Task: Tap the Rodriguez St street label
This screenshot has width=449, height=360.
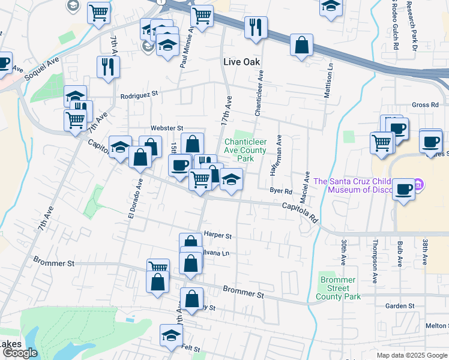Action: pyautogui.click(x=138, y=94)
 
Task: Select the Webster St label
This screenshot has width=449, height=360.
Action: pyautogui.click(x=166, y=128)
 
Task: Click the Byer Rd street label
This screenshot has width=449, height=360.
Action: pyautogui.click(x=280, y=191)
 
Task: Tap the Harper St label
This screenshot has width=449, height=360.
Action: pyautogui.click(x=217, y=236)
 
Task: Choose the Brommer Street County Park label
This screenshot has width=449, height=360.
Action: pyautogui.click(x=339, y=288)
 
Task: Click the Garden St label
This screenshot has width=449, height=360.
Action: pyautogui.click(x=400, y=306)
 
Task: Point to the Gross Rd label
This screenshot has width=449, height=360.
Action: pyautogui.click(x=425, y=105)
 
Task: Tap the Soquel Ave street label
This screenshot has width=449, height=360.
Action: pyautogui.click(x=41, y=70)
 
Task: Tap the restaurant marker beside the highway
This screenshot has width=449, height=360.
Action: pyautogui.click(x=256, y=28)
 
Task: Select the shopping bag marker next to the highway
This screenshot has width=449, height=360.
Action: pyautogui.click(x=301, y=45)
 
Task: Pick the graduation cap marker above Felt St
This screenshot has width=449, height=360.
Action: pyautogui.click(x=172, y=335)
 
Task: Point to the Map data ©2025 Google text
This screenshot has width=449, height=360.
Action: pyautogui.click(x=412, y=355)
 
